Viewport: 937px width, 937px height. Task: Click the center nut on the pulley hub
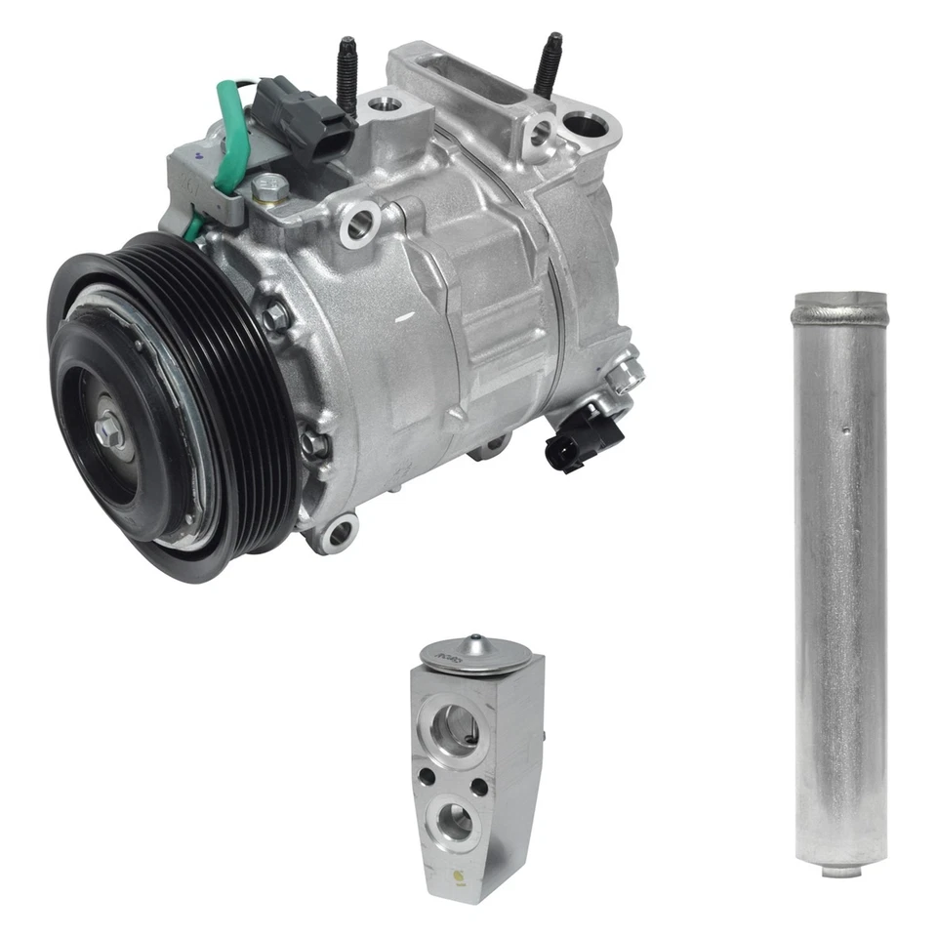[109, 430]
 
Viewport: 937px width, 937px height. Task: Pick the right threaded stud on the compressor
[550, 63]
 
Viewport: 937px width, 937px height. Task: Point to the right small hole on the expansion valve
[479, 785]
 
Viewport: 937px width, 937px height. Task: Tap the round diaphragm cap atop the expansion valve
[476, 652]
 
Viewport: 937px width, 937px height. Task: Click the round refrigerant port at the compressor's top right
[585, 126]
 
